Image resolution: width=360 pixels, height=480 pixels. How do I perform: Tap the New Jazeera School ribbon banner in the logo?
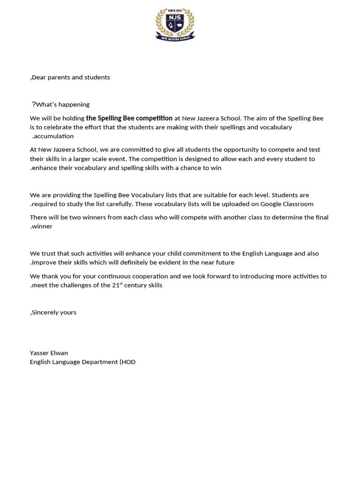tap(175, 37)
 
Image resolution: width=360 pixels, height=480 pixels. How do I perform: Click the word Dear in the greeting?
tap(39, 77)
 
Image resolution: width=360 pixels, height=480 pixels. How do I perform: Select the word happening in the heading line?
tap(74, 105)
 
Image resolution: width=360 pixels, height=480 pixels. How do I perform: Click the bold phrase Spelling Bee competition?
tap(129, 119)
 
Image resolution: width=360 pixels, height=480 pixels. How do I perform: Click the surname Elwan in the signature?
tap(59, 353)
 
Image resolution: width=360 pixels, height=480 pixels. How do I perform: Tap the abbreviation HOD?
tap(129, 362)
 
